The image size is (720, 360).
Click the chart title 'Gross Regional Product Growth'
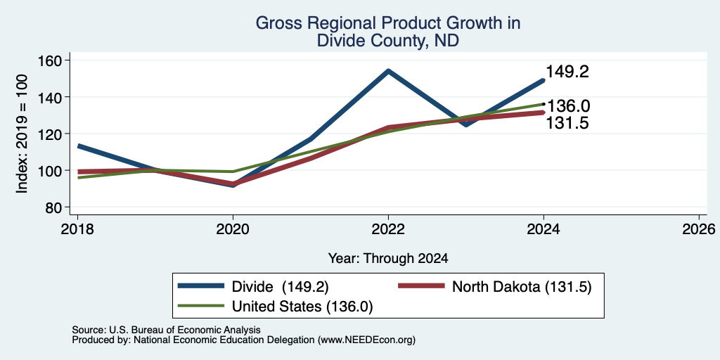coord(387,23)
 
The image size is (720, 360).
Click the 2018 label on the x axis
coord(77,229)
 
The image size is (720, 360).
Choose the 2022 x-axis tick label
coord(388,229)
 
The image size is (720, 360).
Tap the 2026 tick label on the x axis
coord(700,229)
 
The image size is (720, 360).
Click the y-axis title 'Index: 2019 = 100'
coord(22,134)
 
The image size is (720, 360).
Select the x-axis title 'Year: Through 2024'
coord(388,259)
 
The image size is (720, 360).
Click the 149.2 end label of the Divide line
coord(567,72)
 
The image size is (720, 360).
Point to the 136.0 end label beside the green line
coord(568,106)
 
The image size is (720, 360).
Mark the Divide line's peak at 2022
coord(388,71)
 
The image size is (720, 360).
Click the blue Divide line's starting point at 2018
coord(79,146)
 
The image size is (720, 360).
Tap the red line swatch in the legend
coord(421,287)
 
